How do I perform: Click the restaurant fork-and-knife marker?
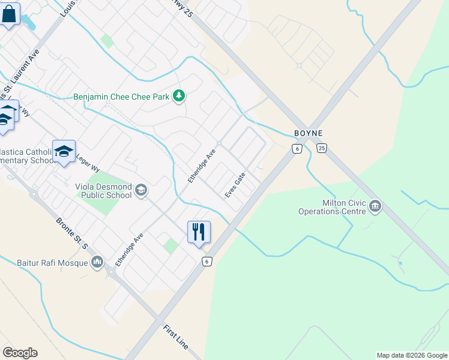click(x=199, y=232)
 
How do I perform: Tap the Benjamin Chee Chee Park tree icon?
click(x=178, y=96)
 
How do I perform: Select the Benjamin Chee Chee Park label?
click(x=122, y=97)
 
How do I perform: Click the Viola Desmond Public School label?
click(x=103, y=191)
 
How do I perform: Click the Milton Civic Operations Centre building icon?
click(x=376, y=207)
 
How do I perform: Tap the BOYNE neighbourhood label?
click(x=309, y=133)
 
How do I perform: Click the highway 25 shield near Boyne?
click(x=322, y=148)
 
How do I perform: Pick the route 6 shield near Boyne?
click(x=297, y=148)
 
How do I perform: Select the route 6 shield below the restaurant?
click(x=207, y=261)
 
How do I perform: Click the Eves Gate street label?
click(x=235, y=185)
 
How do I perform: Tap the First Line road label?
click(x=176, y=338)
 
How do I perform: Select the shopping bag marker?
click(x=9, y=15)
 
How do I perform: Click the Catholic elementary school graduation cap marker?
click(x=64, y=152)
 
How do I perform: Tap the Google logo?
click(x=20, y=353)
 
